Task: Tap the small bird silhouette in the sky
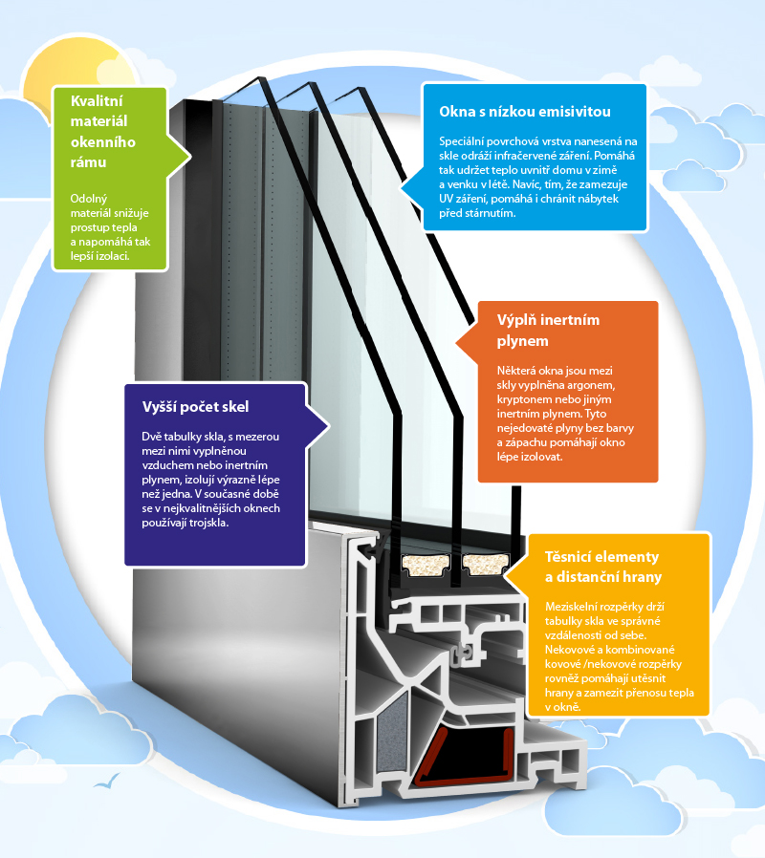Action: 107,783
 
